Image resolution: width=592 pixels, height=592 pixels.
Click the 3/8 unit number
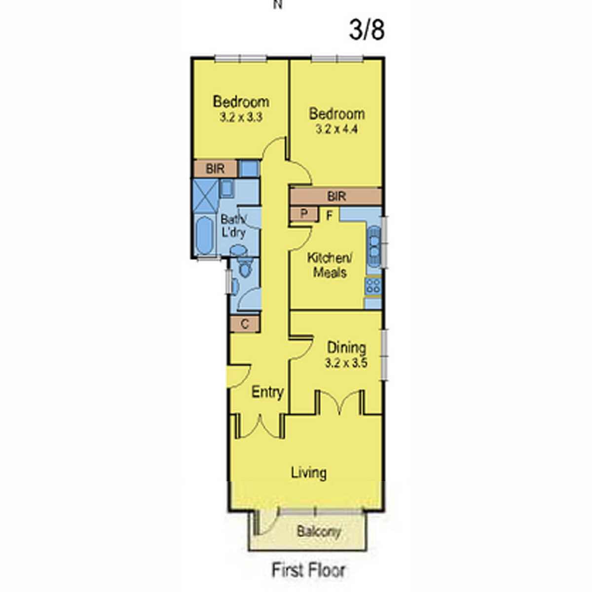[367, 30]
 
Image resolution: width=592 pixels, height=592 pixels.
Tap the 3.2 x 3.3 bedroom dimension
[241, 117]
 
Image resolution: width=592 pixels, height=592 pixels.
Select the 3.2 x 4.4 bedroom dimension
[337, 129]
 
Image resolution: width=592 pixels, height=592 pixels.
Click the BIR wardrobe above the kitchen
[336, 196]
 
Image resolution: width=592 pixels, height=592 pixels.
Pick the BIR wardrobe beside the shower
[216, 169]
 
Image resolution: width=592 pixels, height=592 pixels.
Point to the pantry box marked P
[304, 214]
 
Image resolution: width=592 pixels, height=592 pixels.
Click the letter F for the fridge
[330, 216]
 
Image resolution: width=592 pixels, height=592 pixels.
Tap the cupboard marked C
[245, 324]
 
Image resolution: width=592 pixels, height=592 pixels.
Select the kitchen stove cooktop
[373, 286]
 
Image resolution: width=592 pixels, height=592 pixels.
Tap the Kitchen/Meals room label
[330, 265]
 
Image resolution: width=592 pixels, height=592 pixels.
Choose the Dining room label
[346, 348]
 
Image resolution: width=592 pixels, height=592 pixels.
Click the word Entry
[267, 392]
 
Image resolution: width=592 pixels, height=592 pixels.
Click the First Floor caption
[308, 570]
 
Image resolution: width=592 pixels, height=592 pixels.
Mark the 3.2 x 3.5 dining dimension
[346, 363]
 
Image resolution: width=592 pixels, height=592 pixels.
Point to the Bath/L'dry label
[233, 226]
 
